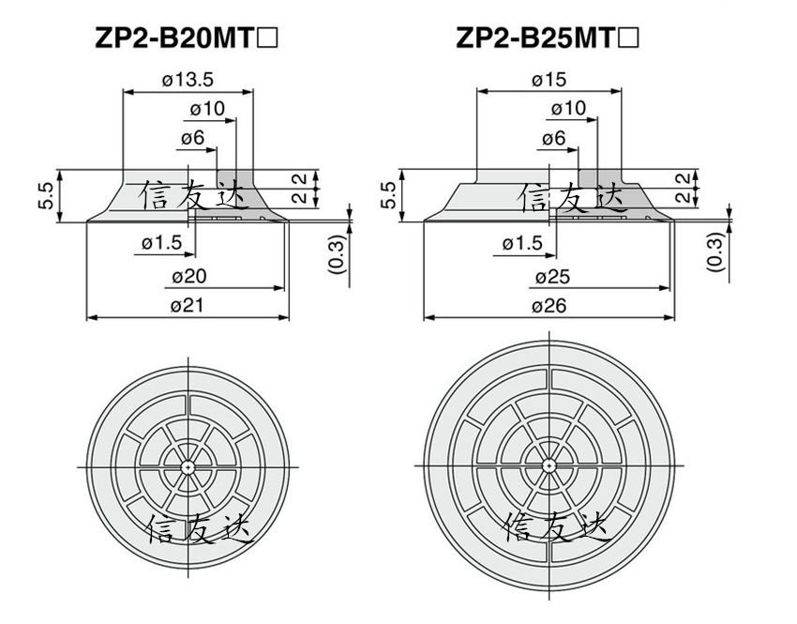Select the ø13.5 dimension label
click(188, 80)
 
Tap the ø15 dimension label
click(549, 80)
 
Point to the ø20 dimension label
click(189, 277)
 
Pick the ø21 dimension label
click(187, 306)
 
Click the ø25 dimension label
click(553, 277)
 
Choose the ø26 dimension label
click(549, 306)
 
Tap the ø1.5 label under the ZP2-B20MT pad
click(161, 243)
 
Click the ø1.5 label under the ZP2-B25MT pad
click(522, 244)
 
